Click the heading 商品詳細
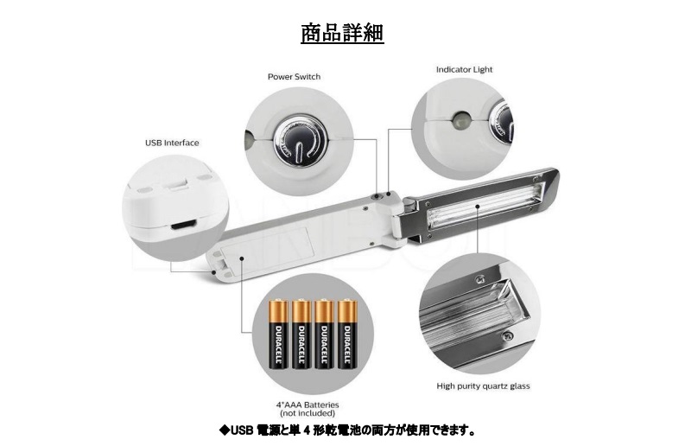coord(342,33)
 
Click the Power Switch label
coord(294,77)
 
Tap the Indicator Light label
coord(464,69)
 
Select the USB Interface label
coord(172,143)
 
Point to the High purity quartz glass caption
coord(483,386)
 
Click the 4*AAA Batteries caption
coord(308,405)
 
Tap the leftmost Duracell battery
coord(278,334)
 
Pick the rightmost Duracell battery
coord(348,334)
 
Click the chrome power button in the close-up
coord(300,140)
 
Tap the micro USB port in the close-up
coord(183,226)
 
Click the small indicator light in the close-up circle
coord(461,119)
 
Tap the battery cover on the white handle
coord(268,251)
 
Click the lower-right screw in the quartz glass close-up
coord(507,336)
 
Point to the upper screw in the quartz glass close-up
coord(480,278)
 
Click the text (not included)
coord(308,413)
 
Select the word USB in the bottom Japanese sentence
coord(242,430)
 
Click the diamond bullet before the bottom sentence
coord(224,430)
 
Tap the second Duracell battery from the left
coord(301,334)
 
